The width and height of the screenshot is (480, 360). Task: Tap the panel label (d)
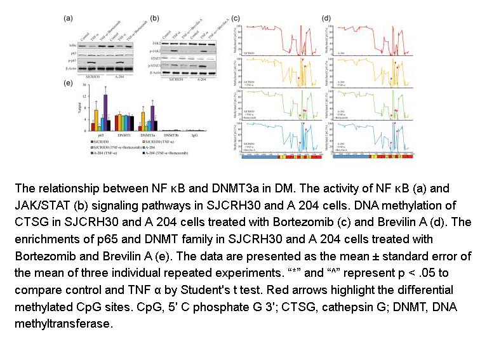[x=326, y=18]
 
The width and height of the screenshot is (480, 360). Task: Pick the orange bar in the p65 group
[x=97, y=115]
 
